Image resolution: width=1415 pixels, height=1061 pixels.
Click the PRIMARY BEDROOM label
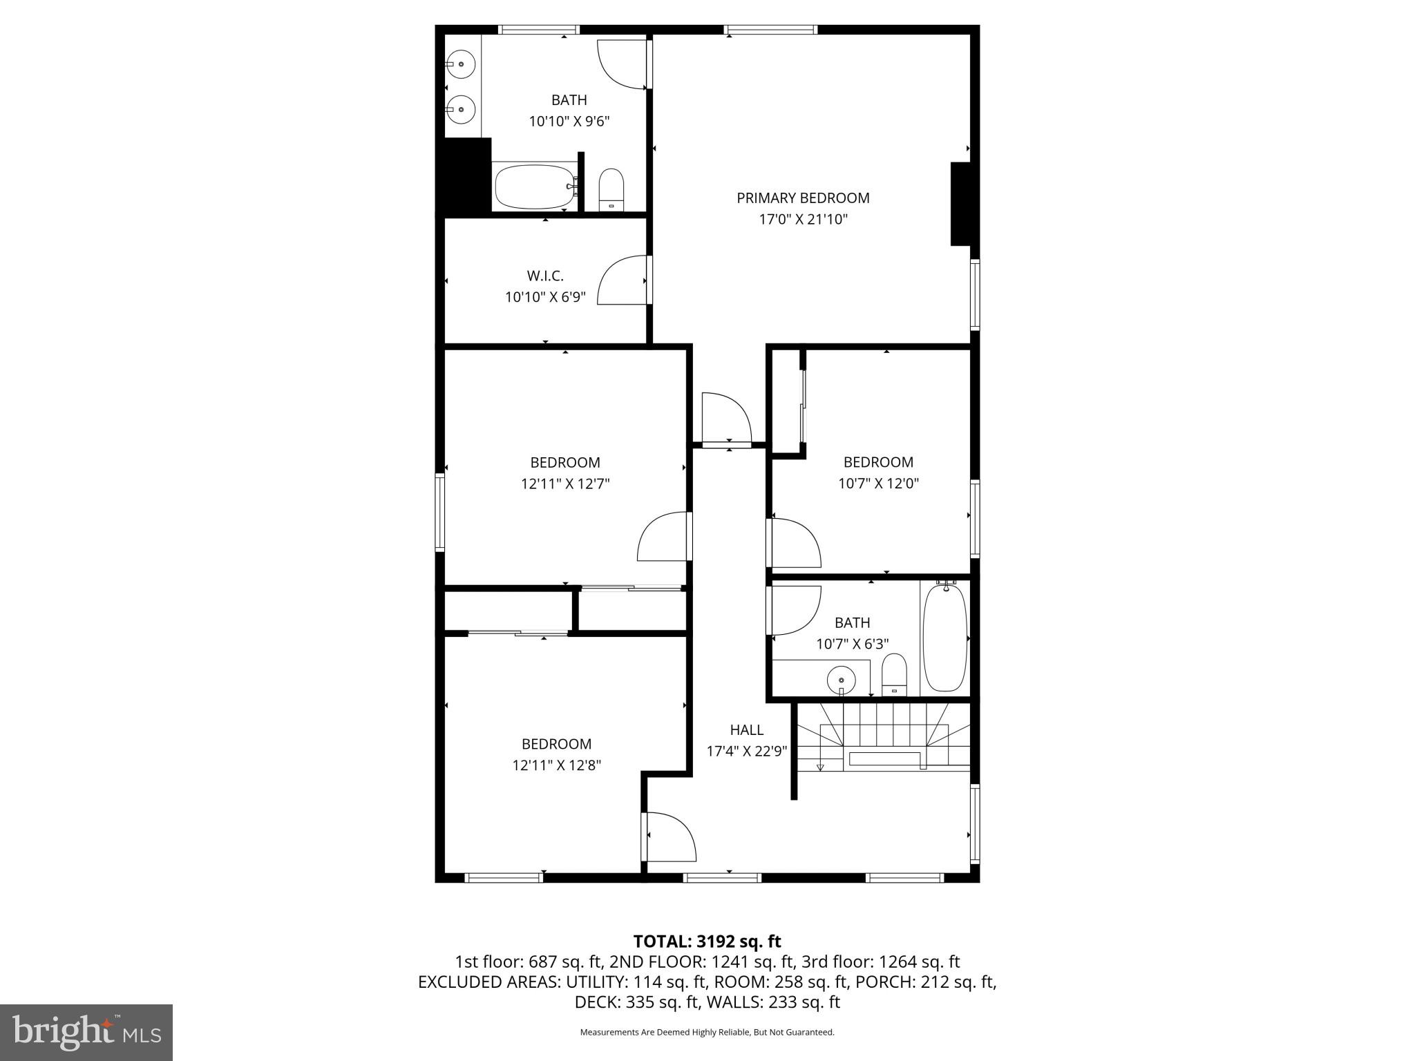[x=802, y=198]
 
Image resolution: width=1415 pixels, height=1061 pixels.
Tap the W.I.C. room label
[x=545, y=276]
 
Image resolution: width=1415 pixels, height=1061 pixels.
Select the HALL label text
[x=746, y=729]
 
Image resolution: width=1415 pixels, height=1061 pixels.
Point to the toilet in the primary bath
[x=611, y=190]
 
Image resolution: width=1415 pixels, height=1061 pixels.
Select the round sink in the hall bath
[x=842, y=679]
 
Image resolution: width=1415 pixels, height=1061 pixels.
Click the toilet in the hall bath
[x=894, y=674]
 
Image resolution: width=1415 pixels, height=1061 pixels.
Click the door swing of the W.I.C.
[x=622, y=280]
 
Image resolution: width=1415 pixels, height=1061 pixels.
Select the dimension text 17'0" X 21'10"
[x=802, y=220]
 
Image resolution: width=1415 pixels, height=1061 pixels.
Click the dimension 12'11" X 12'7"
[x=564, y=484]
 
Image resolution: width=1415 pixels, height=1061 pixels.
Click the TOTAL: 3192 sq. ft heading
[x=707, y=941]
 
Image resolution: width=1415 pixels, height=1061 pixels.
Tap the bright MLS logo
[x=86, y=1032]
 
